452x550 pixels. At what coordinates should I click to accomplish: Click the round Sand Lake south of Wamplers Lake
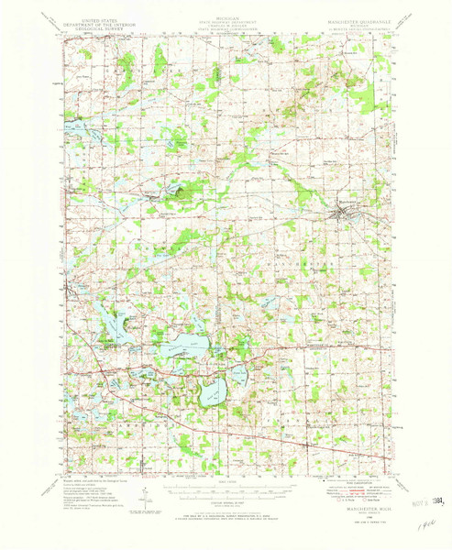coord(212,392)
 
